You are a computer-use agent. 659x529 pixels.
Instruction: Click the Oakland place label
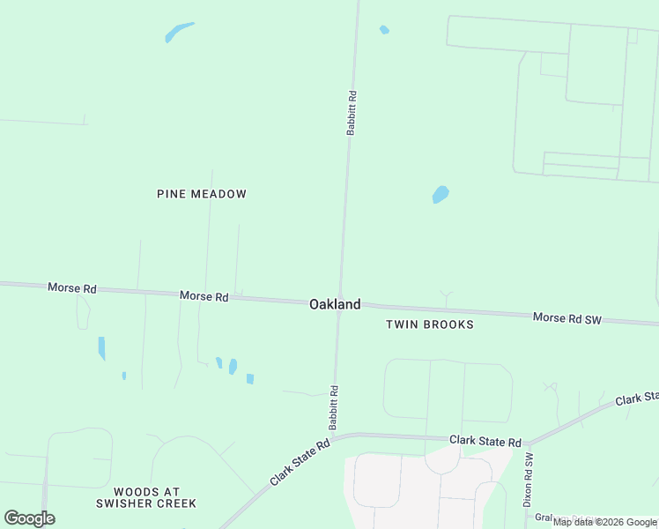[334, 304]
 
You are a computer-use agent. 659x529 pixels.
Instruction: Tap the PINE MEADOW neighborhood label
[202, 194]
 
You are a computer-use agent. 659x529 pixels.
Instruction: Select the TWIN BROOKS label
[430, 324]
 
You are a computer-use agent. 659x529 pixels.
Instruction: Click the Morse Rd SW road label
[566, 318]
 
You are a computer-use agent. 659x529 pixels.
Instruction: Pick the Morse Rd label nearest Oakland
[204, 296]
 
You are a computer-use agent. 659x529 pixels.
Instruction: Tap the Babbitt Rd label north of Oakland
[352, 113]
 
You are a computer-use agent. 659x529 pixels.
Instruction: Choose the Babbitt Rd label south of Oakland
[334, 407]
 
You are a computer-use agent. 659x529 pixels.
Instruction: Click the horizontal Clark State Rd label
[485, 441]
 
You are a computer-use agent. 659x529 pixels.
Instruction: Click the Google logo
[29, 518]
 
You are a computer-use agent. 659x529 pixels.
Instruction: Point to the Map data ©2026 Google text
[605, 522]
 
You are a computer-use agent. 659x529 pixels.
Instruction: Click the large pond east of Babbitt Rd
[441, 194]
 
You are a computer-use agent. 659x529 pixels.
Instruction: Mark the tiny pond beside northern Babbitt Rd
[384, 30]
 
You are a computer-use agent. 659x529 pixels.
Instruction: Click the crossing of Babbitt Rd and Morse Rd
[339, 304]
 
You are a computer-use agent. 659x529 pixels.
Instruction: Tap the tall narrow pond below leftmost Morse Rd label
[101, 348]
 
